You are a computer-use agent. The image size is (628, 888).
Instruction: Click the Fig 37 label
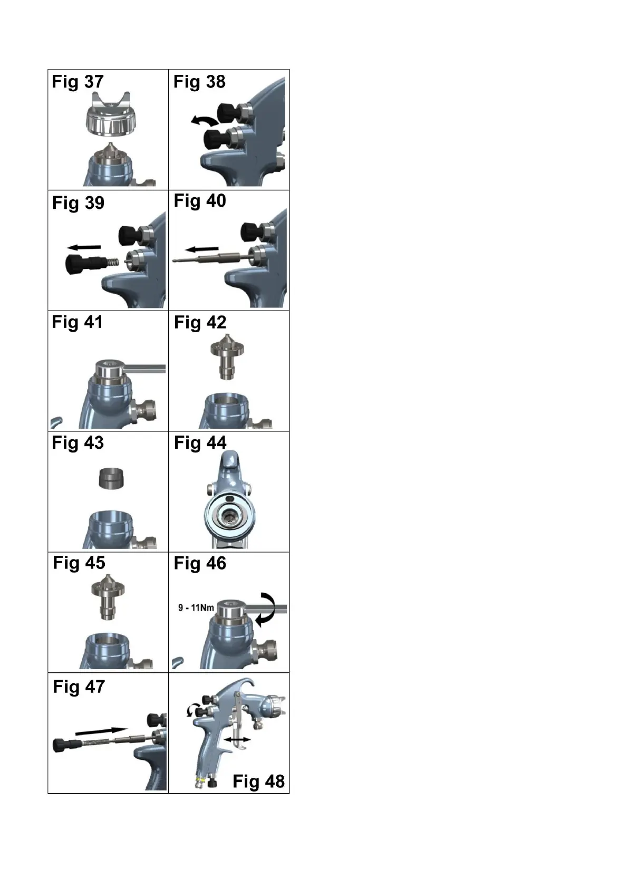pos(78,82)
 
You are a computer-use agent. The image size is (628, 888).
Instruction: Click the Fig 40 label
pos(200,201)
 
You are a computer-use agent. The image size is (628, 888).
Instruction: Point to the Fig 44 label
pos(200,443)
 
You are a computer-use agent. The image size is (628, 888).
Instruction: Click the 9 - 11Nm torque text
pos(196,608)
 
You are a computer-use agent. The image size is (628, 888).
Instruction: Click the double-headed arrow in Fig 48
pos(237,740)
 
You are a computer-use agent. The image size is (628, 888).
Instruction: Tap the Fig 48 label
pos(258,781)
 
